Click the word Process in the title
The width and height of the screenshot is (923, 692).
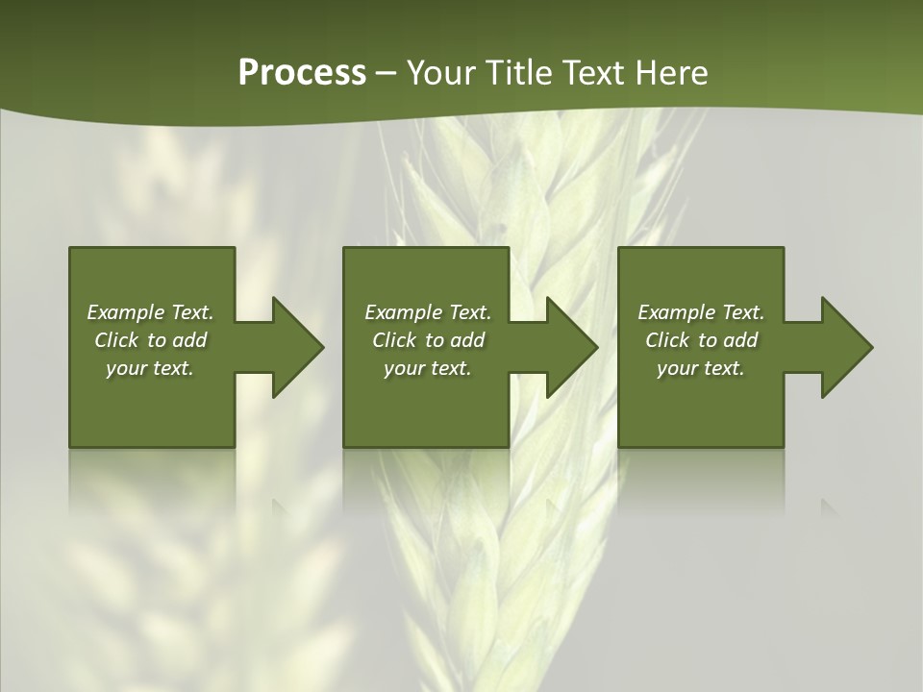coord(302,73)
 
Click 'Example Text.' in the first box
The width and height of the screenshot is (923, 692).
coord(150,312)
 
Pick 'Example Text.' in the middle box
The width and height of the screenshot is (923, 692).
coord(428,312)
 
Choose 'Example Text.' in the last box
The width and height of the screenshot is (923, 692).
coord(701,312)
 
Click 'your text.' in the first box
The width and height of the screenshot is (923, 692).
coord(150,368)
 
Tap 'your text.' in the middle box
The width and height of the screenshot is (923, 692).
coord(428,368)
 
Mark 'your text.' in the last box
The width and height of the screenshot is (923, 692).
coord(701,368)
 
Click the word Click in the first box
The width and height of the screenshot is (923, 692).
coord(117,340)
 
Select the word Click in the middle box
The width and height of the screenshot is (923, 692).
coord(394,340)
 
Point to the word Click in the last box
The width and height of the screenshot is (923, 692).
coord(668,340)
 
